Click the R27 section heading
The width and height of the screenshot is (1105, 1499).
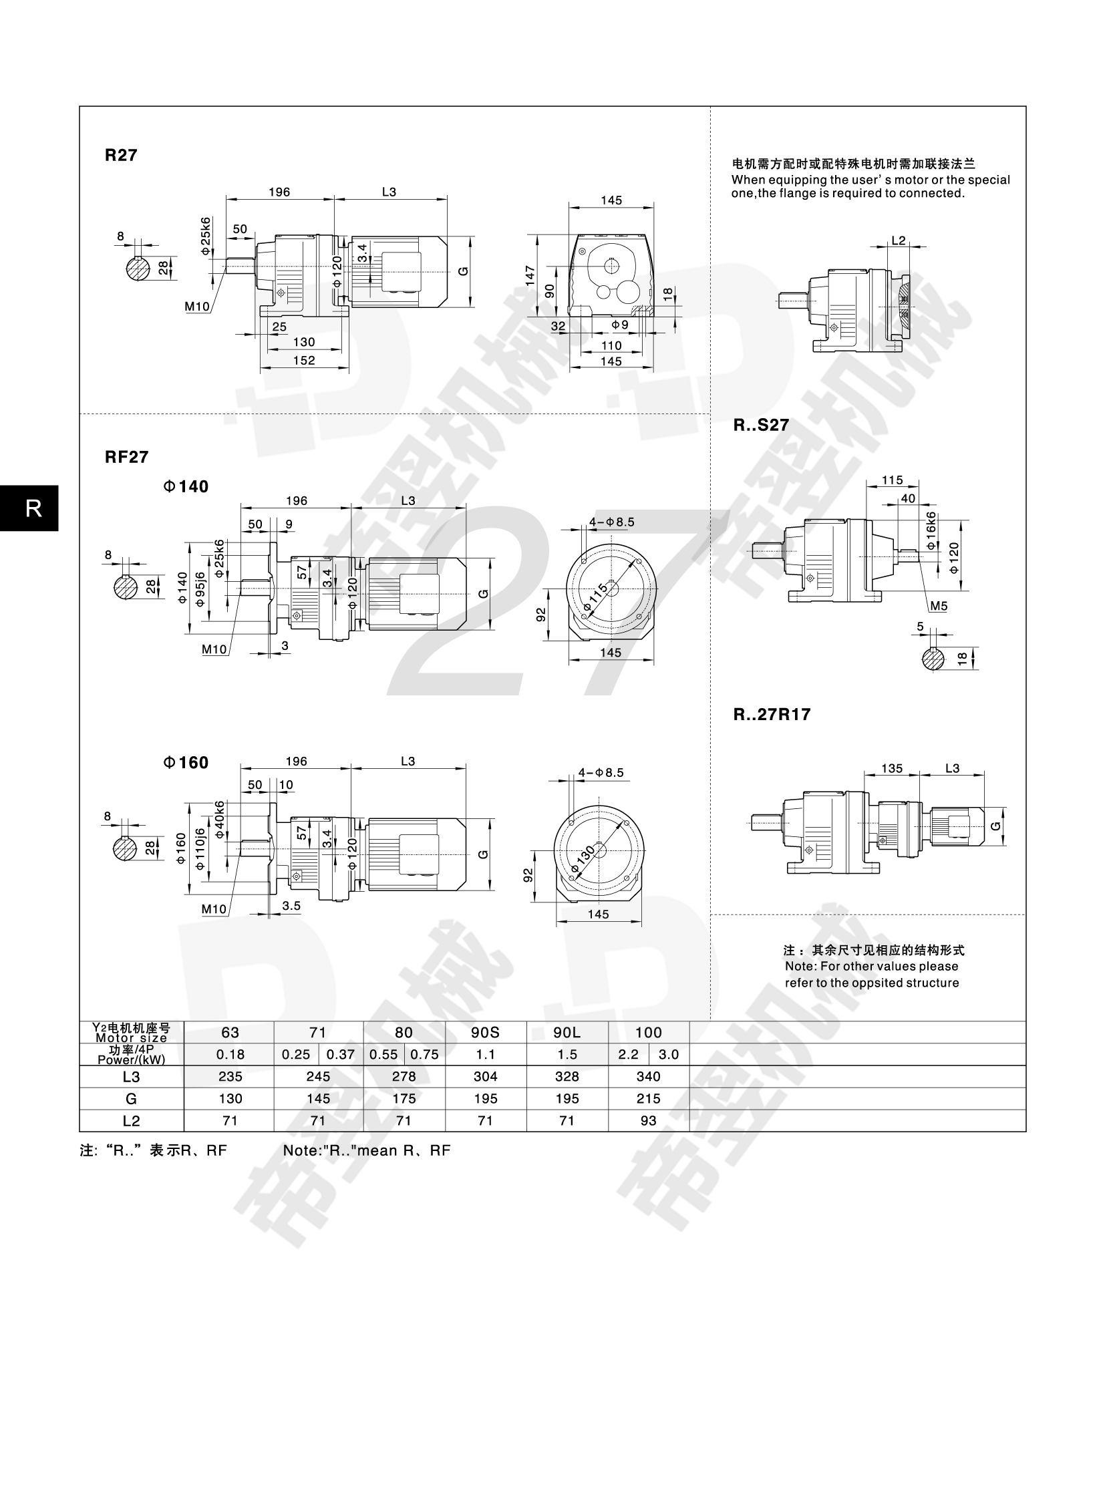click(121, 155)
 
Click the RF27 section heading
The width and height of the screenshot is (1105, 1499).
click(126, 457)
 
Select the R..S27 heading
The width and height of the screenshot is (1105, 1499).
click(761, 425)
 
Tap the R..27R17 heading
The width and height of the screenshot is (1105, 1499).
click(772, 714)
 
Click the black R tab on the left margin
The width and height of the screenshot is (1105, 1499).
click(29, 508)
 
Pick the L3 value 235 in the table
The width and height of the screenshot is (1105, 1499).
click(230, 1076)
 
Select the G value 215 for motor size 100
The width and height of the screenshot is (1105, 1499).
click(648, 1098)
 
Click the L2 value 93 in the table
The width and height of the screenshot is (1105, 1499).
click(648, 1120)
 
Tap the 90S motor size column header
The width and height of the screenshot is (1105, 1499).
click(485, 1032)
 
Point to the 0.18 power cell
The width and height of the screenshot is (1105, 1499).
click(230, 1054)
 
